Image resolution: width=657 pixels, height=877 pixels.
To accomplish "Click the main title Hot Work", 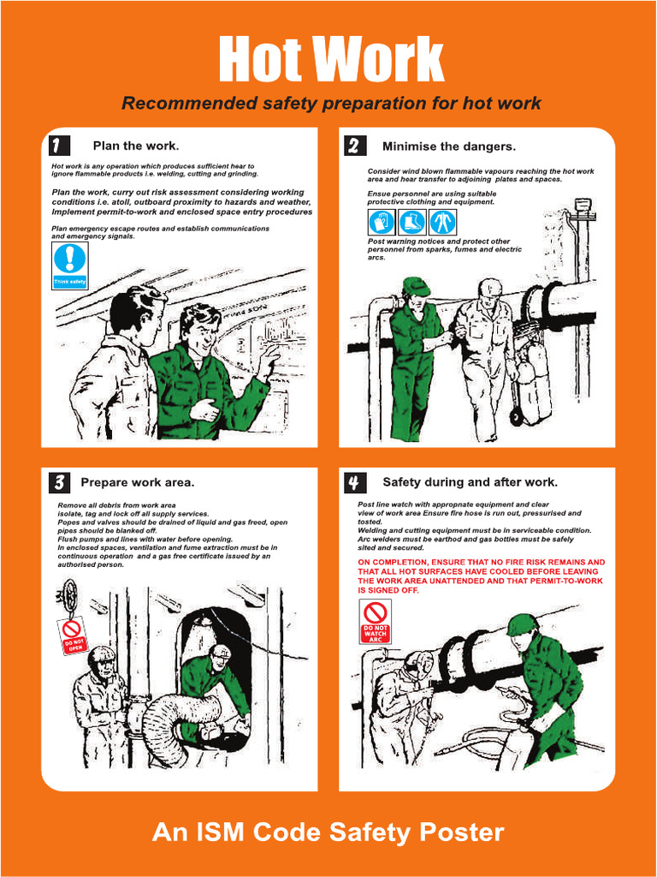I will pos(330,60).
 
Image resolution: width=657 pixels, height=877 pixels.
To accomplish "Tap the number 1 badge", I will pos(58,145).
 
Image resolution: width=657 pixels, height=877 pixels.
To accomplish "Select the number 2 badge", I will pos(353,146).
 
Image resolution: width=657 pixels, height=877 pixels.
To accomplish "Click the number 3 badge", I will pos(58,482).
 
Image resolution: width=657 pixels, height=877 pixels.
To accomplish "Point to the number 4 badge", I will pos(353,483).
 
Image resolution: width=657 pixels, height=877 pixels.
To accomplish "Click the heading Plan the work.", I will pos(135,146).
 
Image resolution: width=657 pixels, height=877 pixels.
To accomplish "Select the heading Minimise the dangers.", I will pos(448,146).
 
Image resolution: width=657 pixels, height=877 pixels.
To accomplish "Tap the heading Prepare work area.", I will pos(137,482).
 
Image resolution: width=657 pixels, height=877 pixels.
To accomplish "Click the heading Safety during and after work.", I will pos(470,482).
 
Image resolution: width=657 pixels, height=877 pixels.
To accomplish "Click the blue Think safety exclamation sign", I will pos(69,265).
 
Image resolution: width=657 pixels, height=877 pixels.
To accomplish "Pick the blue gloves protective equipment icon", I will pos(382,223).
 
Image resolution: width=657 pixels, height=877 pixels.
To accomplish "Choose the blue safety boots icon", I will pos(411,223).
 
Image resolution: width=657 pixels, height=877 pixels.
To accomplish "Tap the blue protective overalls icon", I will pos(442,223).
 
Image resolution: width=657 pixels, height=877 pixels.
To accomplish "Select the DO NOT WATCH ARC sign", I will pos(375,622).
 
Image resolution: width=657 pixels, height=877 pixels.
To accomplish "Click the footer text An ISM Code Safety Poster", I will pos(328,832).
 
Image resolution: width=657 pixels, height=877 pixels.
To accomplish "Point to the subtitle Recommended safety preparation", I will pos(330,104).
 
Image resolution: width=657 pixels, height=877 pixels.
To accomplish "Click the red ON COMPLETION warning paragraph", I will pos(481,576).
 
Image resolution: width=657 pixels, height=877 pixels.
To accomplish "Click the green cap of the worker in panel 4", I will pos(520,625).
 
